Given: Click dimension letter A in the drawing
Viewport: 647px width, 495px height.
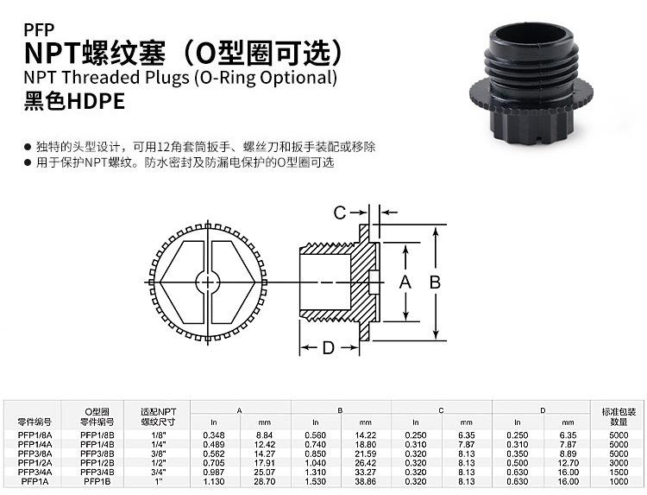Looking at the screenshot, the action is pos(405,282).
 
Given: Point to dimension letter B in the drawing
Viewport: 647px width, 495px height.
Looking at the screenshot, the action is pos(435,282).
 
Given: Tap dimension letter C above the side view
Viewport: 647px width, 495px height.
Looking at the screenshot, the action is pos(340,213).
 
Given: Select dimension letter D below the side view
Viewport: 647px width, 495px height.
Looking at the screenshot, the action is pos(329,348).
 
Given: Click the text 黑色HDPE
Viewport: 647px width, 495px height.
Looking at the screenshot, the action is pos(74,101).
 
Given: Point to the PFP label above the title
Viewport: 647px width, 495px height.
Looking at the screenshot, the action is pos(39,29).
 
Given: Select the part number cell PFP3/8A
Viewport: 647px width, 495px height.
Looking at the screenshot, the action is pos(35,454).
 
